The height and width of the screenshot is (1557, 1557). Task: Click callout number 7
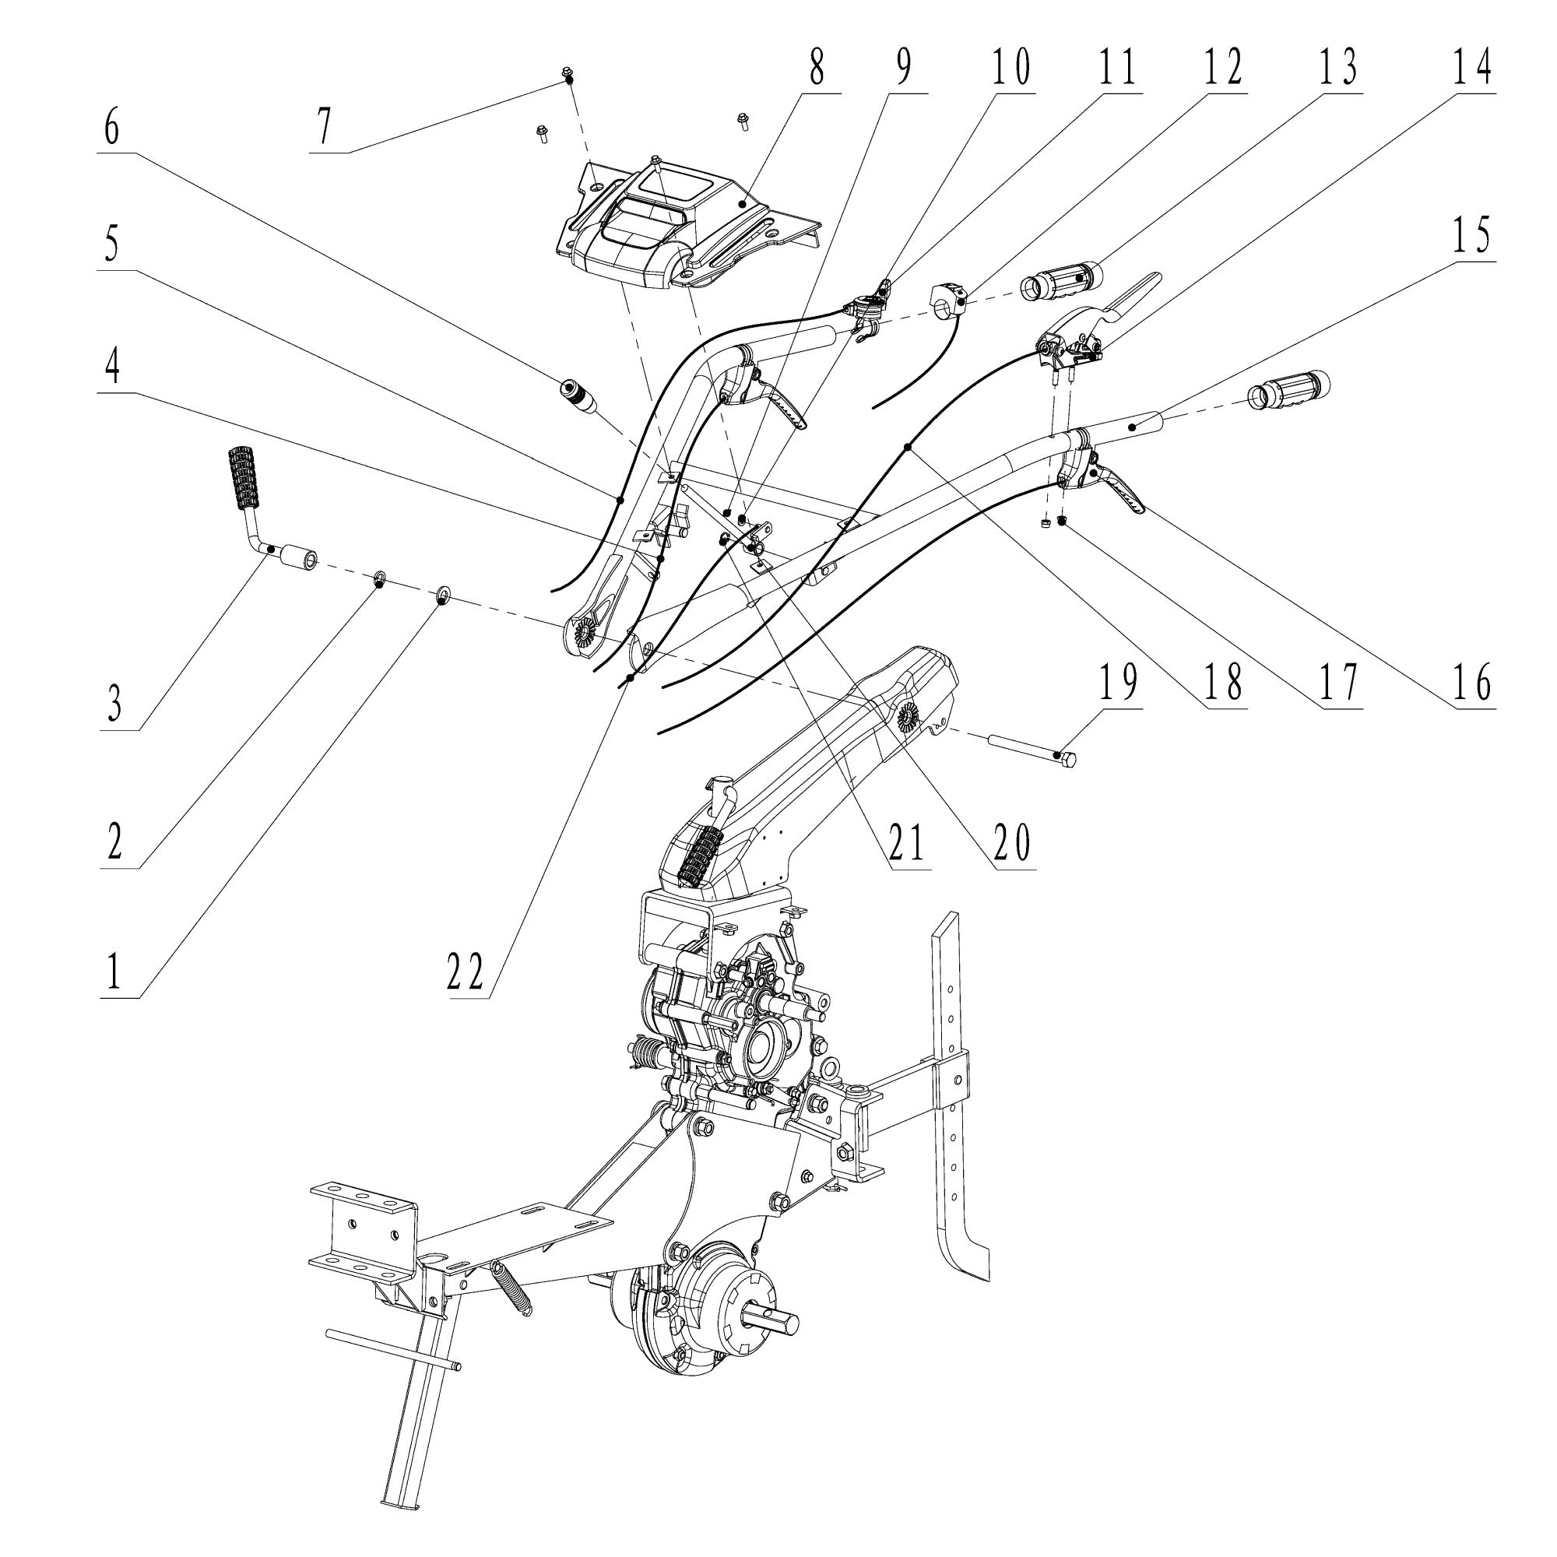pos(324,128)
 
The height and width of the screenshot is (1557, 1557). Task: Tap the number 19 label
pos(1118,682)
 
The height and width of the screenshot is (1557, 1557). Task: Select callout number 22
pos(465,972)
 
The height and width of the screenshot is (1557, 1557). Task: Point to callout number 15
pos(1471,235)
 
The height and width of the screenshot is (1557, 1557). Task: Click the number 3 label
pos(115,705)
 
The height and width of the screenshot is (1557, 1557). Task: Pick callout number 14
pos(1471,69)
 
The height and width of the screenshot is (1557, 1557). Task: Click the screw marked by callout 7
pos(568,76)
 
